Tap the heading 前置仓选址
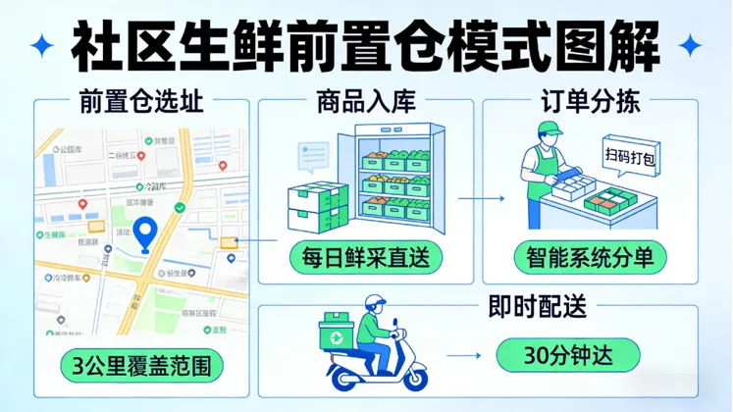pos(145,100)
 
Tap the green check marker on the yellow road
pos(180,208)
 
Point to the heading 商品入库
pos(365,100)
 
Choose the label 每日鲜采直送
pos(365,258)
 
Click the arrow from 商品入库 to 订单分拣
pos(482,197)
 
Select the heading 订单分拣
pos(590,100)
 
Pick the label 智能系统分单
pos(590,258)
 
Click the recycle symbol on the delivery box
pos(336,335)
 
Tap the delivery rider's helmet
pos(378,306)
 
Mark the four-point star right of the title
pos(690,44)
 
